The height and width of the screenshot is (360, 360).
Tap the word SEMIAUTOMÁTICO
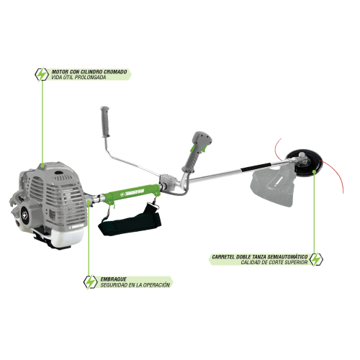(x=287, y=257)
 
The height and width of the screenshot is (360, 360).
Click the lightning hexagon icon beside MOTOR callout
(x=42, y=74)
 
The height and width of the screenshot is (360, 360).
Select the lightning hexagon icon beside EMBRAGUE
(x=90, y=282)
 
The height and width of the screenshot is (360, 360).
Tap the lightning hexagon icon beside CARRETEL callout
(x=316, y=259)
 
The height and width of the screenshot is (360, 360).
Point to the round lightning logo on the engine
(x=24, y=215)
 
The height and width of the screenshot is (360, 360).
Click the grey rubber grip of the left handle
(x=105, y=122)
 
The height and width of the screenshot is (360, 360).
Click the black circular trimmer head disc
(x=305, y=163)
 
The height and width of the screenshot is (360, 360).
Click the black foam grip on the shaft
(x=256, y=167)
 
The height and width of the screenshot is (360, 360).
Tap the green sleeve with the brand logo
(x=131, y=193)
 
